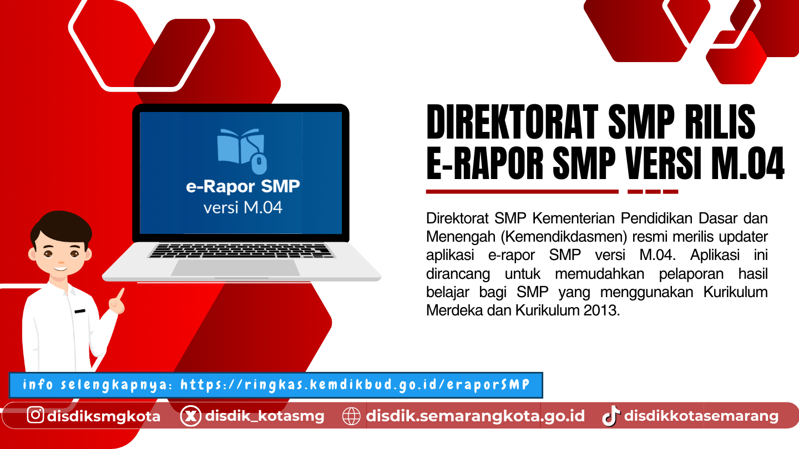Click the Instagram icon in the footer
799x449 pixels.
point(36,415)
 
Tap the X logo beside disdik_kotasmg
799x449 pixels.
point(190,416)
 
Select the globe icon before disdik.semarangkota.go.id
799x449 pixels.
point(351,416)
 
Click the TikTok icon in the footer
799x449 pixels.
point(611,416)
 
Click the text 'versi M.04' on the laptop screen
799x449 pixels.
point(243,208)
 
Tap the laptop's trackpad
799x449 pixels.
point(235,268)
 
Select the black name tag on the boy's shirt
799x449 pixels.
point(80,311)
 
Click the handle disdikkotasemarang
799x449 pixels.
point(701,416)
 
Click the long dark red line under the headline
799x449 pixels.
point(522,192)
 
